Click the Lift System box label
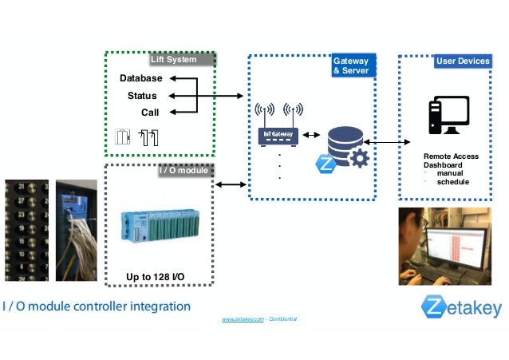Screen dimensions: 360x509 (173, 59)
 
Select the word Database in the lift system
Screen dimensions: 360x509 (140, 78)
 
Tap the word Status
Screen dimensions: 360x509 (142, 96)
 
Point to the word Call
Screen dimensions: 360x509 (150, 113)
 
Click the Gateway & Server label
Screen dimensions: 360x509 (350, 66)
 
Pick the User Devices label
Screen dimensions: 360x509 (463, 61)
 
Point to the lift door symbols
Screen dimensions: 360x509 (136, 137)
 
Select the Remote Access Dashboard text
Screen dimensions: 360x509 (451, 160)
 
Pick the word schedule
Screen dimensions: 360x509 (452, 182)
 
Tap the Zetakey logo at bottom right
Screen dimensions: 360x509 (462, 307)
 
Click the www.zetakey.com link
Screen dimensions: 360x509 (243, 318)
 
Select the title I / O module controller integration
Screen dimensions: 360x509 (97, 306)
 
